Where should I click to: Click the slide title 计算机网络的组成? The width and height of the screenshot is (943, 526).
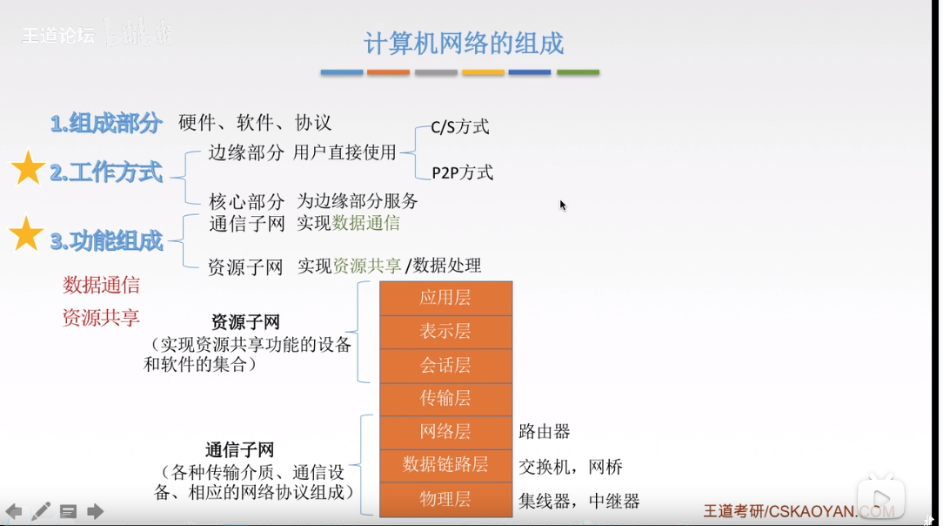[464, 43]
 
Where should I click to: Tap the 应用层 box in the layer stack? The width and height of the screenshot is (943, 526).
[445, 298]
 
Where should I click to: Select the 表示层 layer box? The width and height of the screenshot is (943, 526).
[445, 331]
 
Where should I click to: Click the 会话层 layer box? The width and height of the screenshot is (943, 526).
[445, 365]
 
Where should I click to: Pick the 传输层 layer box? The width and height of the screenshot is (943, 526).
[445, 398]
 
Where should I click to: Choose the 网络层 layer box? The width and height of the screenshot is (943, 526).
[445, 431]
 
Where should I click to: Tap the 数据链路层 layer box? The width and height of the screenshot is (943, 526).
[445, 465]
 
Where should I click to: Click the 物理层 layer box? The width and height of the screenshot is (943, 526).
[445, 499]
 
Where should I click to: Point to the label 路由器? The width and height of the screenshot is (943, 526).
[545, 432]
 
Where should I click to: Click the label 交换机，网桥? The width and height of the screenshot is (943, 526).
[571, 467]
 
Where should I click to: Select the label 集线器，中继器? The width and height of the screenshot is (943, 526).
[579, 501]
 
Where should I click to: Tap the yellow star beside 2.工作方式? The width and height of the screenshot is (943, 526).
[28, 168]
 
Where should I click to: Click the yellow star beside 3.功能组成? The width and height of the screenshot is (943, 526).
[26, 234]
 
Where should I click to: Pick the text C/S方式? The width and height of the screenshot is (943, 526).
[460, 127]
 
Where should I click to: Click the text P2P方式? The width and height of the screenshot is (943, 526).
[463, 172]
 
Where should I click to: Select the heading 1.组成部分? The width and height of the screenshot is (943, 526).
[106, 124]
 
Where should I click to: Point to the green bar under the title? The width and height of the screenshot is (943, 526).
[578, 72]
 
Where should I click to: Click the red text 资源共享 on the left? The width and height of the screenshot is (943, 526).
[101, 318]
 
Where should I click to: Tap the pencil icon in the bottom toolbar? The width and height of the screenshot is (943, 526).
[41, 511]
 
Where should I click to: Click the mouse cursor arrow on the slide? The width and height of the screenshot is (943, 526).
[562, 205]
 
